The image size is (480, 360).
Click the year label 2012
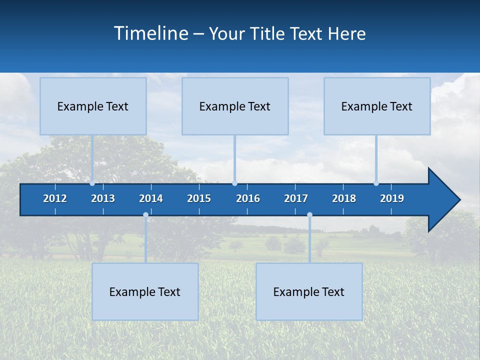tap(55, 198)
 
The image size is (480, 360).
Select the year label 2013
tap(103, 198)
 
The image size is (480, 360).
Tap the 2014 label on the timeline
tap(151, 198)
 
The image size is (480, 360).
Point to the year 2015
tap(199, 198)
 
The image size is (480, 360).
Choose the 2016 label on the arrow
tap(248, 198)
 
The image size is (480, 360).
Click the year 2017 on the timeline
tap(296, 198)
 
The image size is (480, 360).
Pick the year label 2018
tap(344, 198)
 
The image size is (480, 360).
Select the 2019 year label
tap(392, 198)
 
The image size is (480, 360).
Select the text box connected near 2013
tap(93, 106)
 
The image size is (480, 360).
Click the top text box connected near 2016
tap(235, 106)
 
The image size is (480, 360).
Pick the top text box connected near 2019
tap(377, 106)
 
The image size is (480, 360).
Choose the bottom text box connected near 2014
tap(145, 291)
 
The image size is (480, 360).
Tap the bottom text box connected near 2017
tap(309, 291)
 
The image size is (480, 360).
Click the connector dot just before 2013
tap(92, 183)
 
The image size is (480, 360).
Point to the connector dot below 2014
tap(145, 215)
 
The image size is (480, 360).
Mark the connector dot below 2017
tap(309, 215)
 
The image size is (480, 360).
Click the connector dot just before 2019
tap(376, 183)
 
